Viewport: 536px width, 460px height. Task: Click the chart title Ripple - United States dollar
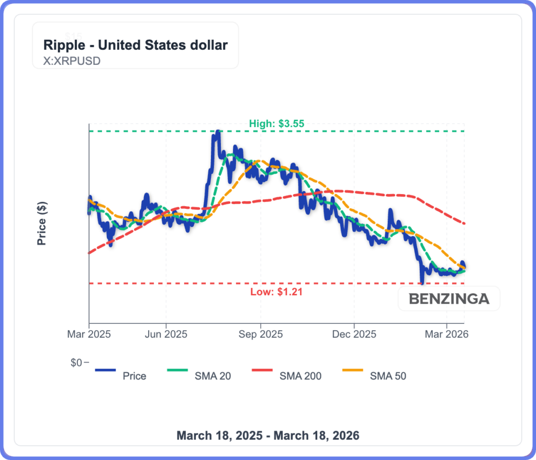(135, 45)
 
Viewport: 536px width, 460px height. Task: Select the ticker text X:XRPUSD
(72, 60)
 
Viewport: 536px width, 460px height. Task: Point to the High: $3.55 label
(276, 124)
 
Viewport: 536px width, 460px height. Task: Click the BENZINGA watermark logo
(449, 299)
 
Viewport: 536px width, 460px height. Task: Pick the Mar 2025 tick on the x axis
(89, 333)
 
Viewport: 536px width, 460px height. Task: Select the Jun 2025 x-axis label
(166, 333)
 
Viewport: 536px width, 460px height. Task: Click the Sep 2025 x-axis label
(260, 333)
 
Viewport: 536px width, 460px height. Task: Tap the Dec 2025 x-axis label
(354, 333)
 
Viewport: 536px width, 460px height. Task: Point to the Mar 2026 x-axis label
(446, 333)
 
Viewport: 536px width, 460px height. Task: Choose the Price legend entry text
(134, 376)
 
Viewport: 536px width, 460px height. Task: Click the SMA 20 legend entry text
(213, 376)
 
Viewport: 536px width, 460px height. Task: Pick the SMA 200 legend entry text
(300, 376)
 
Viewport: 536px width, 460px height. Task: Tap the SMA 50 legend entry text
(388, 376)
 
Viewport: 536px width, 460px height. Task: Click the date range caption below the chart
(268, 435)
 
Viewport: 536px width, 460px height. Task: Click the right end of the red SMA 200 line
(465, 223)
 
